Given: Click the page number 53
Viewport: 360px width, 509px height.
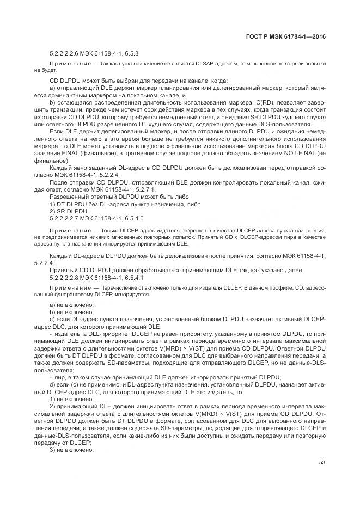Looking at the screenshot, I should (x=322, y=463).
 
